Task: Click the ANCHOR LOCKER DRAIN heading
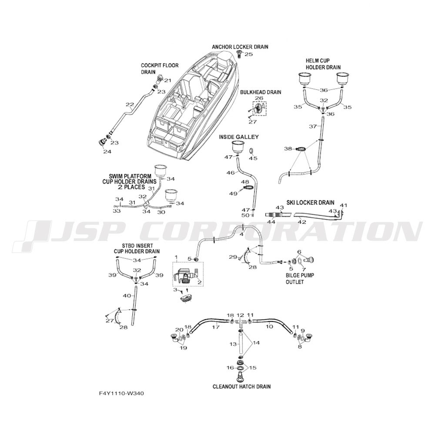tap(240, 47)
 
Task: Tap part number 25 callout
tap(248, 54)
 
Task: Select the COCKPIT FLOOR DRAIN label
tap(160, 69)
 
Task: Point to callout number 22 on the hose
tap(130, 104)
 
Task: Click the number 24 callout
tap(107, 151)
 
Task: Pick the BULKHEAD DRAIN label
tap(261, 92)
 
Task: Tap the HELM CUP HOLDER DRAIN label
tap(323, 64)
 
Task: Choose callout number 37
tap(313, 127)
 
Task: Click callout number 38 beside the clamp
tap(288, 149)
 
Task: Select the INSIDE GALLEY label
tap(238, 137)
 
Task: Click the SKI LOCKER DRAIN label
tap(310, 203)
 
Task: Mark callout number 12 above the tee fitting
tap(240, 315)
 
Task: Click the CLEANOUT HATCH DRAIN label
tap(241, 386)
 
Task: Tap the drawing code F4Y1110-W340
tap(121, 393)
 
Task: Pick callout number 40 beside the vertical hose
tap(127, 296)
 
